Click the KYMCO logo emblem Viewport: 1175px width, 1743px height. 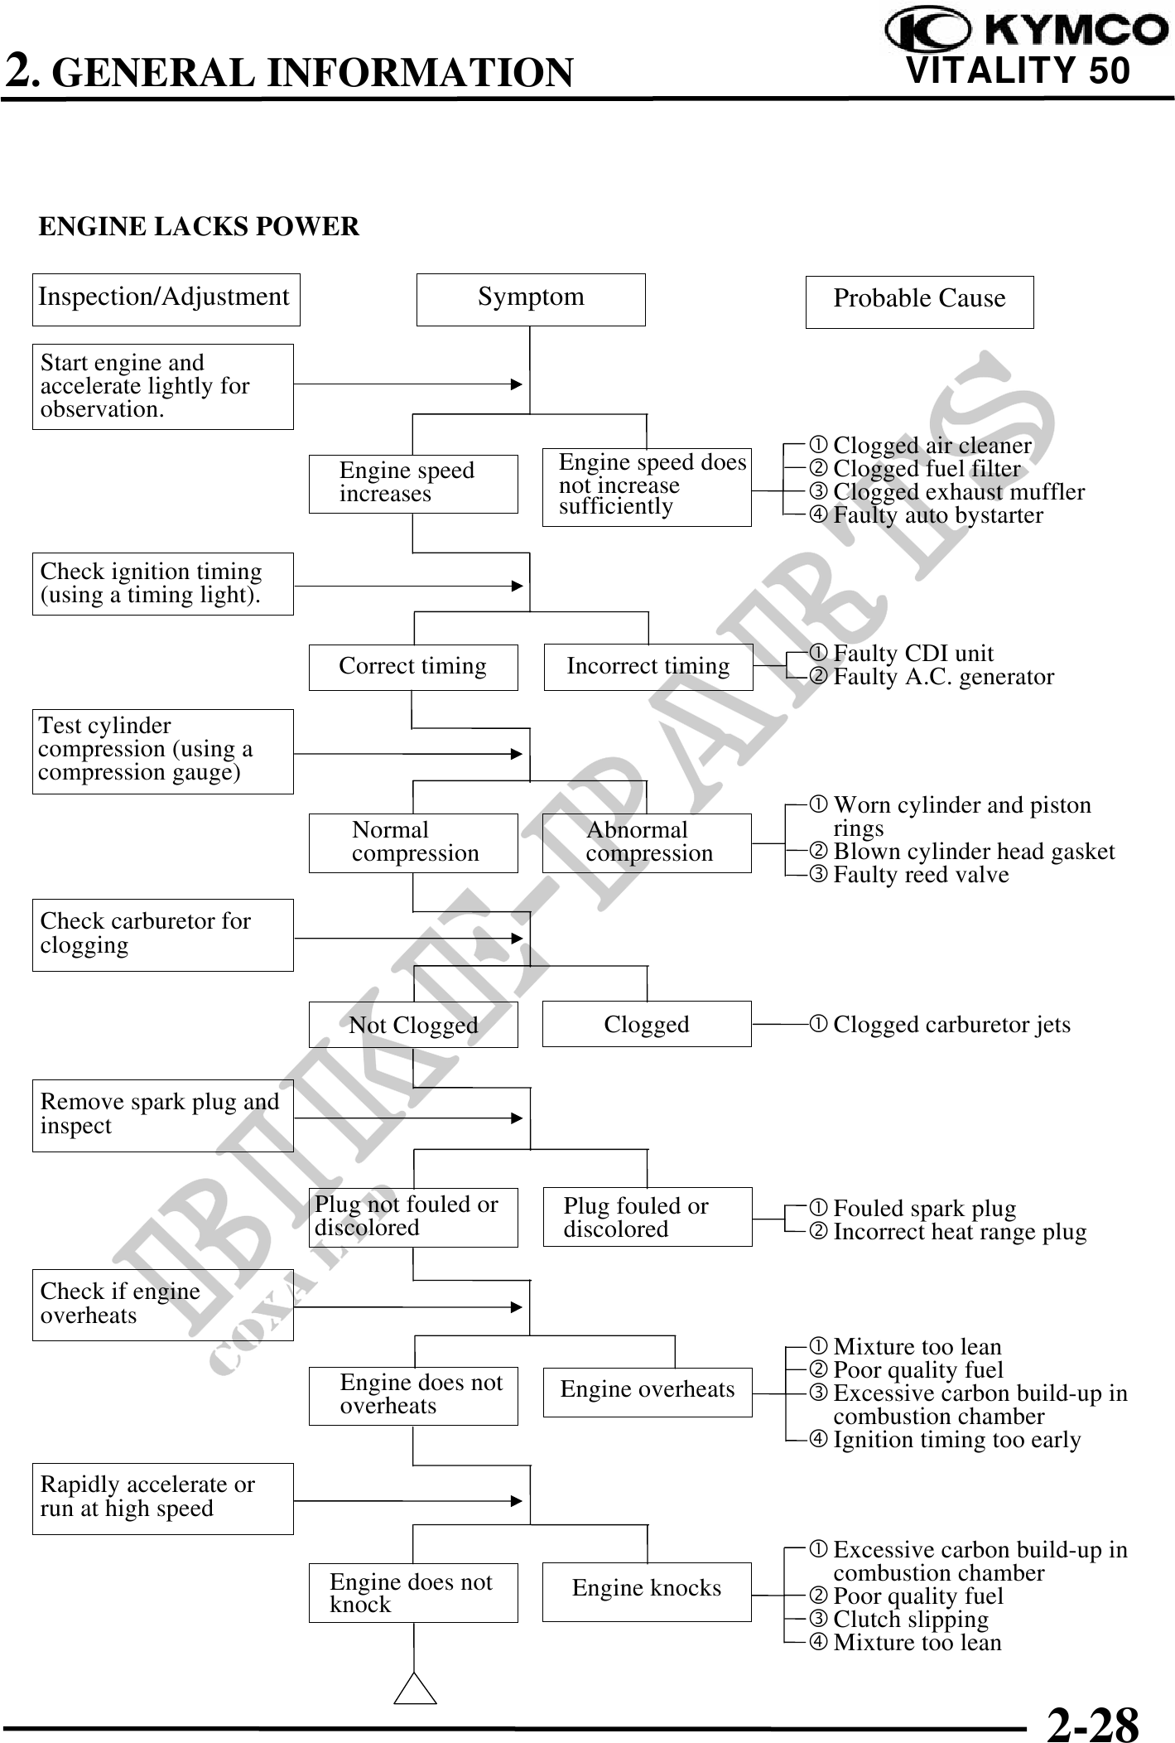[927, 31]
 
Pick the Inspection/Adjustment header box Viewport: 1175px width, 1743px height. [166, 299]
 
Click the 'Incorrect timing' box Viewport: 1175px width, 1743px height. [648, 667]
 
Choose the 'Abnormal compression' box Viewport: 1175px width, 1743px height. [647, 843]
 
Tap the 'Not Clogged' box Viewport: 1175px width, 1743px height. [413, 1025]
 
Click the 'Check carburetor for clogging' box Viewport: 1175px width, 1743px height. [162, 934]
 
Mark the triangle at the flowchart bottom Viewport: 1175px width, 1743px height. [415, 1689]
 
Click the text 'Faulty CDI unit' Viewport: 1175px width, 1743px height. [913, 654]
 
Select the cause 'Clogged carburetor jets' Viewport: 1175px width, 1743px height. [951, 1025]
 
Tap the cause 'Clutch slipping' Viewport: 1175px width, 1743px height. [910, 1619]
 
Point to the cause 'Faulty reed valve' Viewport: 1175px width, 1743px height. [920, 875]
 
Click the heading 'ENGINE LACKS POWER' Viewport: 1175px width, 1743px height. [199, 227]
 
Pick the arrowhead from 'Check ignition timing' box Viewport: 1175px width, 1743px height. [517, 587]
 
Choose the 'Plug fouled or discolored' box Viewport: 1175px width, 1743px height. [647, 1217]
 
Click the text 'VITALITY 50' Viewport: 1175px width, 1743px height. [1018, 71]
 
